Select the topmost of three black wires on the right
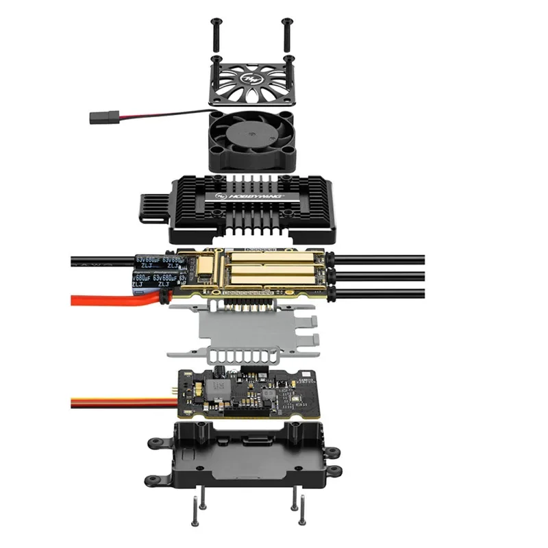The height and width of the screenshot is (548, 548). pyautogui.click(x=384, y=259)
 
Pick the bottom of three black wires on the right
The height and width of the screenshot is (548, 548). pyautogui.click(x=384, y=292)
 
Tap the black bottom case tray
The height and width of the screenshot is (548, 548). pyautogui.click(x=247, y=456)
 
